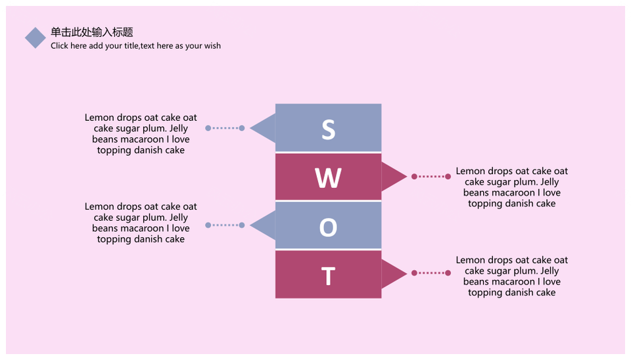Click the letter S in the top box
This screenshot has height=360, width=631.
click(x=329, y=129)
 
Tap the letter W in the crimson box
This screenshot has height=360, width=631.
click(x=329, y=178)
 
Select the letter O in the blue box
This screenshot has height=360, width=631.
click(x=329, y=227)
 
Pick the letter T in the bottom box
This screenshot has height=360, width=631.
click(x=329, y=276)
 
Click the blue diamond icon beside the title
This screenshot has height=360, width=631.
click(x=35, y=38)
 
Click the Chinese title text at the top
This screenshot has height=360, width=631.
click(x=92, y=32)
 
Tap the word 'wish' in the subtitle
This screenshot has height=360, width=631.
click(x=212, y=45)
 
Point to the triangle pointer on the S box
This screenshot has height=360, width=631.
click(x=263, y=128)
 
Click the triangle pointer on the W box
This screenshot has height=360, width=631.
click(x=394, y=176)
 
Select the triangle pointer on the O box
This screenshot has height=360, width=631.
click(x=263, y=225)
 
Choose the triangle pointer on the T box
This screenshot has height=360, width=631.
click(x=394, y=273)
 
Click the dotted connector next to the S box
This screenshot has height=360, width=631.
click(x=225, y=128)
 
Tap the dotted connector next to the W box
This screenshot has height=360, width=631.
click(x=431, y=176)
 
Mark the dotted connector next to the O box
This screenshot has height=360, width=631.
click(x=225, y=225)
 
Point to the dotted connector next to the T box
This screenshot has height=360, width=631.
click(x=431, y=273)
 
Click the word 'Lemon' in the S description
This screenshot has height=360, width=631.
click(x=99, y=118)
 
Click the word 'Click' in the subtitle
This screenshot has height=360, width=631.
click(x=59, y=45)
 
